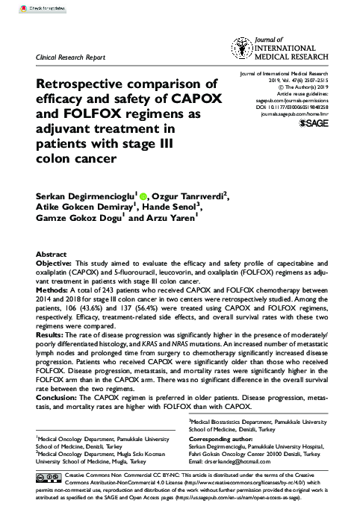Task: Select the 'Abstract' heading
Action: [x=52, y=254]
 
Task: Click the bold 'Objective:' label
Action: [x=57, y=263]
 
